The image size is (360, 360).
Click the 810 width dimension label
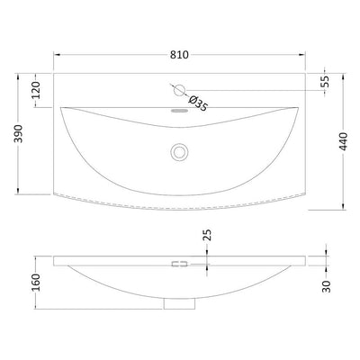pos(179,55)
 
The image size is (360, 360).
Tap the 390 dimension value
pos(19,133)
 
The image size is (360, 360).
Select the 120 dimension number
pos(36,90)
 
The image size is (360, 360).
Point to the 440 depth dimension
pos(343,141)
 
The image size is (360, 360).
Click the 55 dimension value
pos(325,81)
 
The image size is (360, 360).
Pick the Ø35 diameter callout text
pos(198,103)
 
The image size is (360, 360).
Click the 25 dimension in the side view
pos(207,235)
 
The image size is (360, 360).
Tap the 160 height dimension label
pos(36,283)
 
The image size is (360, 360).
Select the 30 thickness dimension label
pos(326,286)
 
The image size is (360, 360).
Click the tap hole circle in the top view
pos(180,90)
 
